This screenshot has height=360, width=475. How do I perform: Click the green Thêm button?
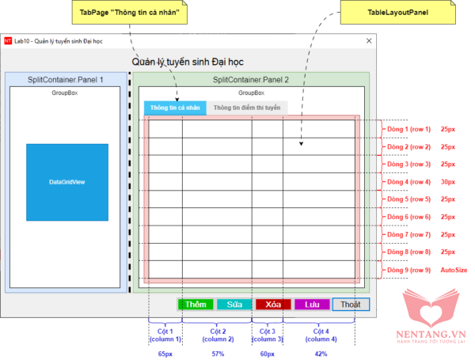(x=196, y=305)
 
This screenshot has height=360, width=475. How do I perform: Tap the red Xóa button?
(x=273, y=305)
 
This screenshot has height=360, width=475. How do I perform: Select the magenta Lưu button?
(x=312, y=305)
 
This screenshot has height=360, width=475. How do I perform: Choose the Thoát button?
(x=351, y=305)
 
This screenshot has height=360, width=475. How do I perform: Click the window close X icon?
(x=369, y=41)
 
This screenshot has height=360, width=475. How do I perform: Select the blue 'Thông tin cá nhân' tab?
(x=175, y=108)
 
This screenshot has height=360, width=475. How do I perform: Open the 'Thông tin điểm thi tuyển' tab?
(x=247, y=108)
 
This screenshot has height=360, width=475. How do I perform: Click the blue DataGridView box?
(x=67, y=182)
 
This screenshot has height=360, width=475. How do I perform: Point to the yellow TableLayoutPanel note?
(x=397, y=13)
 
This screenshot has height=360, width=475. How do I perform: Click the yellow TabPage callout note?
(x=129, y=13)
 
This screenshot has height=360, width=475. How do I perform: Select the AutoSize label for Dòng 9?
(x=454, y=270)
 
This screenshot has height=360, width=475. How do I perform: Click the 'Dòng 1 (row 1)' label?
(x=408, y=129)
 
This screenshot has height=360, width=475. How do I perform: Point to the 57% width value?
(x=218, y=354)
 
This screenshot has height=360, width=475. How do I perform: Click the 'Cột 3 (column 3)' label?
(x=268, y=335)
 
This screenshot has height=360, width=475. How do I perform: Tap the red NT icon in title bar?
(x=8, y=41)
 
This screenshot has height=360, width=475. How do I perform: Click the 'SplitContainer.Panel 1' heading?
(x=66, y=80)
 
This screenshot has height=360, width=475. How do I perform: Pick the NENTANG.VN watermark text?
(x=431, y=334)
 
